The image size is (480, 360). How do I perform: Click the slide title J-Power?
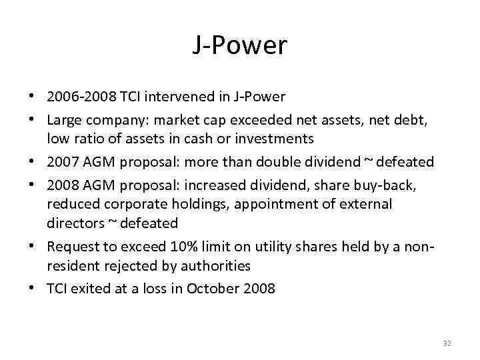[x=240, y=46]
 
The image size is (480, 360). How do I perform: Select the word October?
[x=211, y=289]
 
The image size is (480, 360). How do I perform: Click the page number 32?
[x=447, y=343]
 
